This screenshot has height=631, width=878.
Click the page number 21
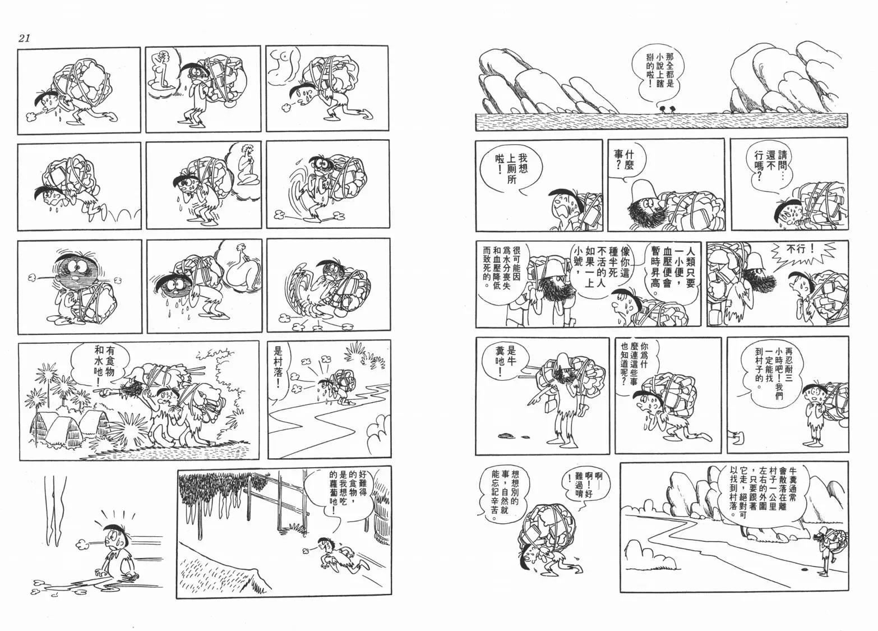pyautogui.click(x=24, y=38)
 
